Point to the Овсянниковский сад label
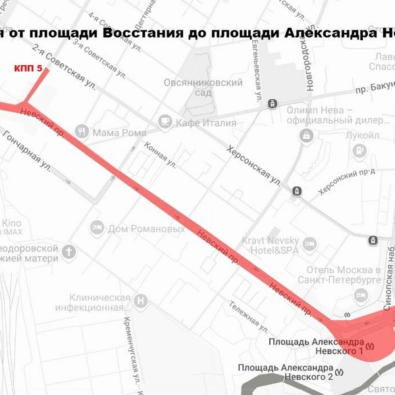point(203,88)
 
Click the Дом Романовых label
point(146,229)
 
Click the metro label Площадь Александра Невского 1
point(316,348)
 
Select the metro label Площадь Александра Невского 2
point(285,371)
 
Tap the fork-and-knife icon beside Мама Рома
point(82,131)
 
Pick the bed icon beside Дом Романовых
point(97,228)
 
